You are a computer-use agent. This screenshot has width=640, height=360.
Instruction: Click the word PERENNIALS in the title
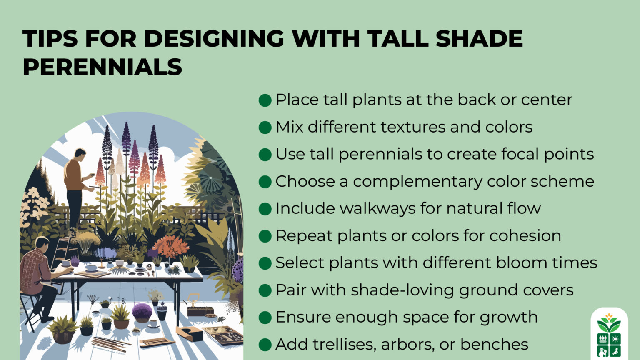pyautogui.click(x=102, y=67)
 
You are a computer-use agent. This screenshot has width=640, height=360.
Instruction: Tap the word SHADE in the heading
pyautogui.click(x=479, y=39)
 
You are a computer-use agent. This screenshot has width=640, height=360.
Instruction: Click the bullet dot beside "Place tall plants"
pyautogui.click(x=265, y=100)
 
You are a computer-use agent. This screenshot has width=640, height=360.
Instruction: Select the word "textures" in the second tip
pyautogui.click(x=403, y=127)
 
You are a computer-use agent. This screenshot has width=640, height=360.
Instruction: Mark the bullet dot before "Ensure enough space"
pyautogui.click(x=265, y=317)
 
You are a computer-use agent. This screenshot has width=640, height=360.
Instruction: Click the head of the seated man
pyautogui.click(x=42, y=242)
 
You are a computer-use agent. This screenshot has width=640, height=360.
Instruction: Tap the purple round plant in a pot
pyautogui.click(x=142, y=311)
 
